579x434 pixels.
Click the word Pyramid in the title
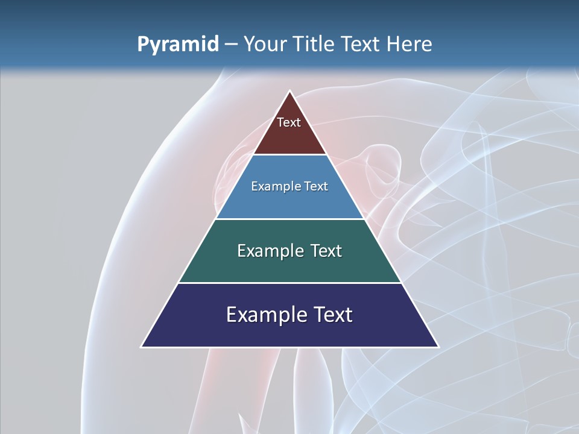177,45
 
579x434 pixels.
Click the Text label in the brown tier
289,122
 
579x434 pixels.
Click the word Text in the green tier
326,251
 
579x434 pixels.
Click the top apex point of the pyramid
290,91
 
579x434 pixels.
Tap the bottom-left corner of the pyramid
142,347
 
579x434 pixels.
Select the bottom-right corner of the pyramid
438,347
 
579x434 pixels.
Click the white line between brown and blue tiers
290,155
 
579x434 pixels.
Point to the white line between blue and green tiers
290,219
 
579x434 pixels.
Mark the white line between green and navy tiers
290,283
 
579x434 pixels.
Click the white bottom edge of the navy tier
290,347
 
